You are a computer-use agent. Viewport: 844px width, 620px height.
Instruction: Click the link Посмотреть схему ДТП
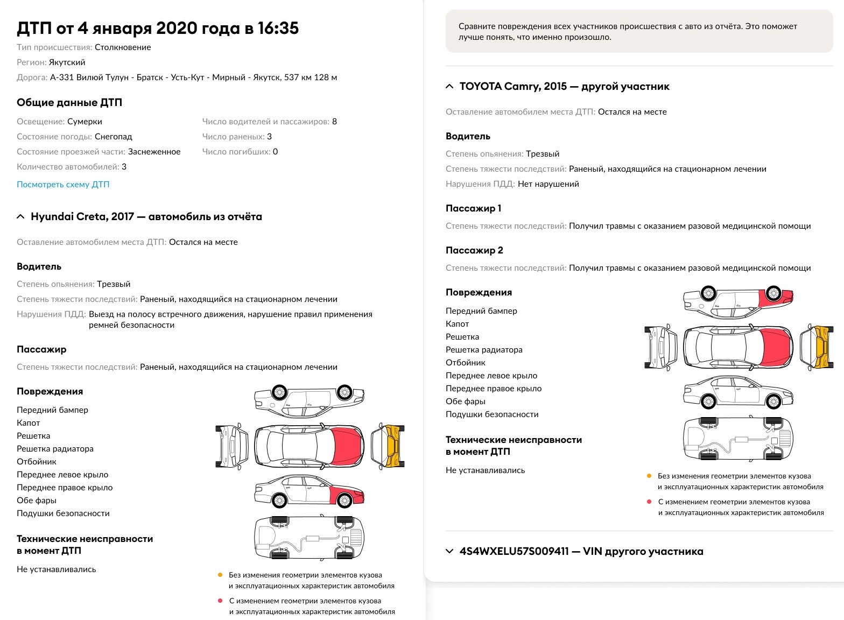click(x=63, y=185)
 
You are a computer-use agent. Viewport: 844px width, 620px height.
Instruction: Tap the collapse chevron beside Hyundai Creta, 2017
click(x=20, y=217)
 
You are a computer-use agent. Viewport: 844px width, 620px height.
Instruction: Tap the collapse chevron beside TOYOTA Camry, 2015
click(x=449, y=87)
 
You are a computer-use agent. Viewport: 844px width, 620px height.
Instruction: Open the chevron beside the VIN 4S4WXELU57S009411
click(x=449, y=552)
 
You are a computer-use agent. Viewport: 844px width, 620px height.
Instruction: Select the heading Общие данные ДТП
click(x=69, y=103)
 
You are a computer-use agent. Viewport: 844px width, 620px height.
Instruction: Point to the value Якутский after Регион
click(x=67, y=62)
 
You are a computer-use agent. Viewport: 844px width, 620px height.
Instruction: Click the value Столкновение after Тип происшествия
click(x=123, y=47)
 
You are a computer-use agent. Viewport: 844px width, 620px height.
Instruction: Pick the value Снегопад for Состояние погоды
click(x=114, y=137)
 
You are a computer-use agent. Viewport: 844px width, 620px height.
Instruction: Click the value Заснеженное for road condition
click(x=154, y=152)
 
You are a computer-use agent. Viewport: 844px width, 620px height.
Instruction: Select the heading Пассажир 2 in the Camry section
click(x=474, y=250)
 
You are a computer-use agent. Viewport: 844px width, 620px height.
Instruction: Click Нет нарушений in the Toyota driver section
click(x=548, y=184)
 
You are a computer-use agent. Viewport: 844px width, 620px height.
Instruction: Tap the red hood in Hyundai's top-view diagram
click(x=346, y=447)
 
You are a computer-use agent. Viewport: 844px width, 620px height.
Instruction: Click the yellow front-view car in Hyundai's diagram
click(x=388, y=446)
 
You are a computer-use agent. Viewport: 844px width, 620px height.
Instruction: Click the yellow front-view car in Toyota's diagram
click(x=817, y=347)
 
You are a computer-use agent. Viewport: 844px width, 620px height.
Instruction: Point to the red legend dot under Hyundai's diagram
click(x=220, y=601)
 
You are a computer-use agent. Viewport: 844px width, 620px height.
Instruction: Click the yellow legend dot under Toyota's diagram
click(x=649, y=476)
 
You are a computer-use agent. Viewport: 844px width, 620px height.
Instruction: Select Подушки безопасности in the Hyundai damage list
click(x=63, y=513)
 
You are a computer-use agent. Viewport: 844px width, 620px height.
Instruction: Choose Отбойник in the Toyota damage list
click(x=466, y=363)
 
